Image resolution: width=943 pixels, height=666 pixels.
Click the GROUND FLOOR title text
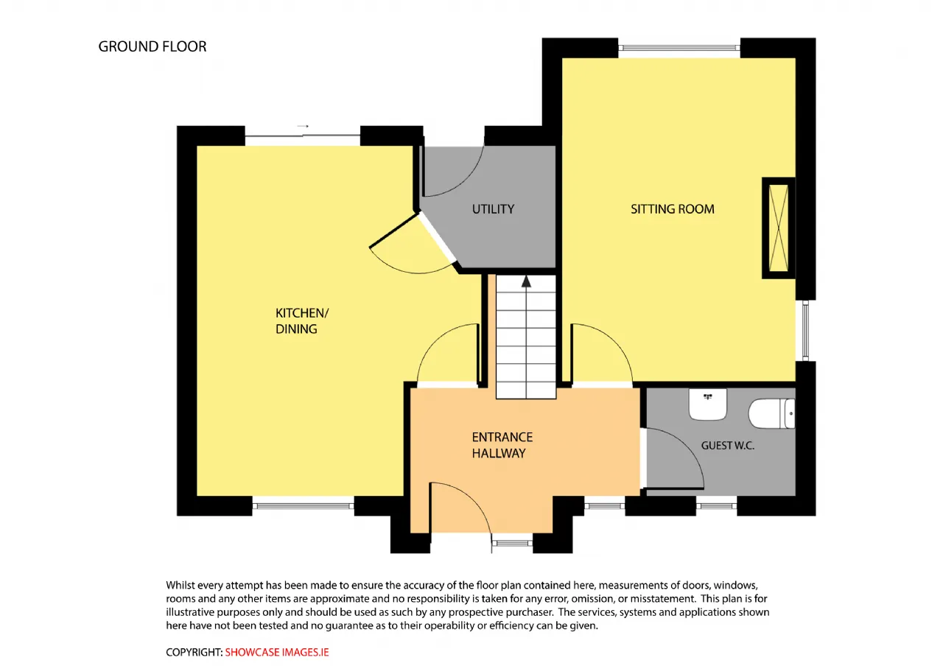(x=153, y=46)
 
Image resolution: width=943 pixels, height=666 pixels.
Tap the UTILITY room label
(x=493, y=209)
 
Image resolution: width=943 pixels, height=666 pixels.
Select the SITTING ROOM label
(x=673, y=209)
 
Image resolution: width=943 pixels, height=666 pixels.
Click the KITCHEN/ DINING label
(x=302, y=320)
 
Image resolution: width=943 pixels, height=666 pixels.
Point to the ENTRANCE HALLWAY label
(x=502, y=445)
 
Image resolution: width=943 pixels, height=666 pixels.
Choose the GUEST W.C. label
(x=727, y=446)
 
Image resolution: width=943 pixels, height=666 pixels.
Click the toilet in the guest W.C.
(x=771, y=413)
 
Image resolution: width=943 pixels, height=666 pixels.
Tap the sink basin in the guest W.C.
(x=708, y=404)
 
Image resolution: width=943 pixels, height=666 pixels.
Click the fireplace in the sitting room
(x=779, y=228)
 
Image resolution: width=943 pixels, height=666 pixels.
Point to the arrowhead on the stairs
(x=526, y=281)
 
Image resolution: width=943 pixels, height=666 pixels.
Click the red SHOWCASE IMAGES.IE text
(x=276, y=652)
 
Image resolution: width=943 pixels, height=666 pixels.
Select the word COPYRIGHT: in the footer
(x=194, y=652)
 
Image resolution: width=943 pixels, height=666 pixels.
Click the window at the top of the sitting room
(x=679, y=48)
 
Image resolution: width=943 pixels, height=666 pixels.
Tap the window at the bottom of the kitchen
(x=303, y=506)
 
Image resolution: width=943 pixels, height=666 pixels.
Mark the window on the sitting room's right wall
(x=805, y=331)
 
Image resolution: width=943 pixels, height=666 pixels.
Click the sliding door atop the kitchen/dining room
(x=302, y=136)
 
